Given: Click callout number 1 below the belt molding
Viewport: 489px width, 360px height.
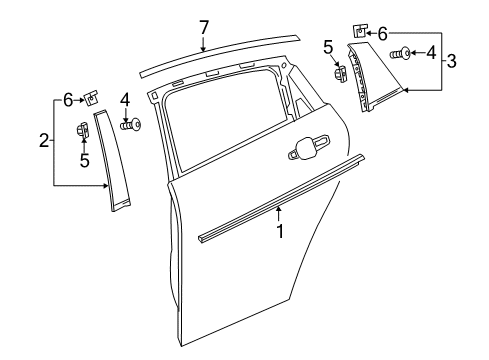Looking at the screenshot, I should point(280,231).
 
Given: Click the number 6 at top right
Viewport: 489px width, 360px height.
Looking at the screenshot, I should point(381,33).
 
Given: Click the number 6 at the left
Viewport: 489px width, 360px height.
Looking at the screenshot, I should point(67,98).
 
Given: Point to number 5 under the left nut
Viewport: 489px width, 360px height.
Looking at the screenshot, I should point(84,159).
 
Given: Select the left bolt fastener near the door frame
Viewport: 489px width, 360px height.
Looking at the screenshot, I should point(131,124).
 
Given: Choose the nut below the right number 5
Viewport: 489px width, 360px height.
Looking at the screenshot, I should point(338,73).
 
